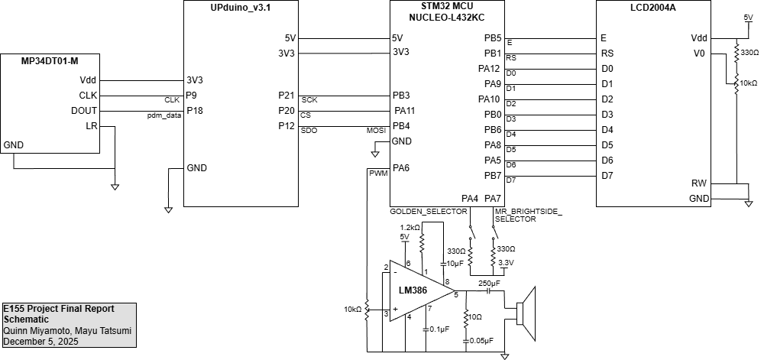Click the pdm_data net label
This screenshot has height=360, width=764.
(x=164, y=115)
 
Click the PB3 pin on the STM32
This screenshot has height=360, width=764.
(x=401, y=96)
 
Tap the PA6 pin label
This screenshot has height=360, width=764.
(x=402, y=168)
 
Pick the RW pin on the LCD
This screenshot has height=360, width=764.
(x=698, y=183)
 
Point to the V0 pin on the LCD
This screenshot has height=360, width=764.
(x=698, y=54)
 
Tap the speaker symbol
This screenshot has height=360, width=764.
(x=526, y=312)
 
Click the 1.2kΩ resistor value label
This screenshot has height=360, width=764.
(x=410, y=228)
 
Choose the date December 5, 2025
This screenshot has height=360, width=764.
(x=41, y=342)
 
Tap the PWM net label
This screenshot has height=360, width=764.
(x=378, y=174)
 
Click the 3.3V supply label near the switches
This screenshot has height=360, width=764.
(x=505, y=262)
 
